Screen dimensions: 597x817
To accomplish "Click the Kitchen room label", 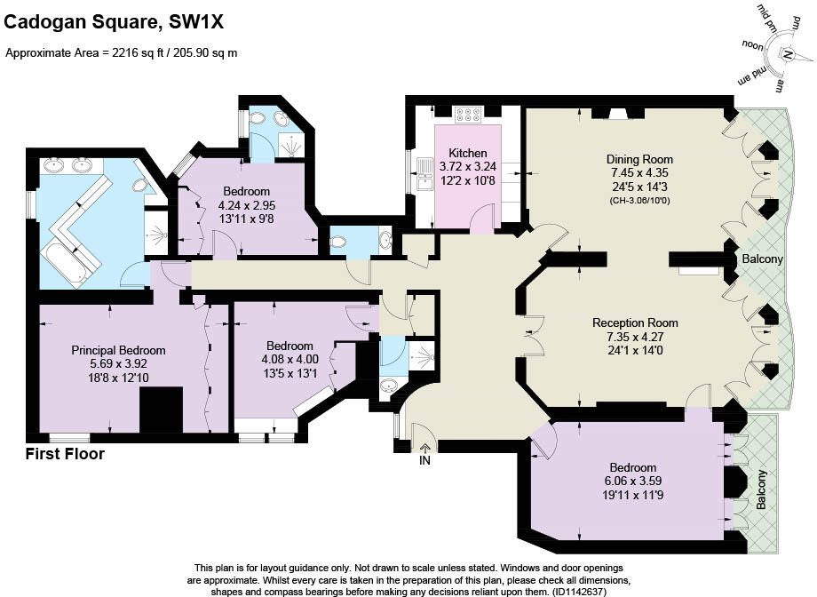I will click(467, 152).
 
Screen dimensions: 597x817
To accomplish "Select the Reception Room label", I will click(635, 322).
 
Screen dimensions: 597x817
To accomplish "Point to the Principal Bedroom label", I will click(118, 350).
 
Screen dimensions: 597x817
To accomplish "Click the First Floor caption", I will click(65, 455).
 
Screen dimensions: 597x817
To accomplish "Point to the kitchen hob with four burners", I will click(467, 115).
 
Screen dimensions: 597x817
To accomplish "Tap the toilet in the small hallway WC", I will click(338, 241).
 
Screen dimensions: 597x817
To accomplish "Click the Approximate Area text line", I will click(122, 52).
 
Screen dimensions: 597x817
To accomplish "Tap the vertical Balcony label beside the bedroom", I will click(761, 489).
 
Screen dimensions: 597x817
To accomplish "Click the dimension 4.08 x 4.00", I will click(290, 360).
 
